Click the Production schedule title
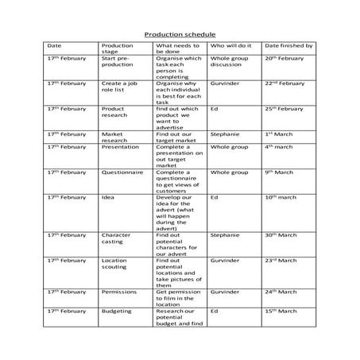click(179, 35)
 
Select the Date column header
click(54, 46)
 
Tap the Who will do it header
click(229, 46)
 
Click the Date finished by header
click(288, 46)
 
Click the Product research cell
click(114, 112)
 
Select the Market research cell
click(114, 137)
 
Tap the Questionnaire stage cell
click(122, 172)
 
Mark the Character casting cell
click(116, 238)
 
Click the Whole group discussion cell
click(229, 62)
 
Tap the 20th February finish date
click(285, 58)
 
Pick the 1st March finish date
click(280, 134)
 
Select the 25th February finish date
click(285, 108)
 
